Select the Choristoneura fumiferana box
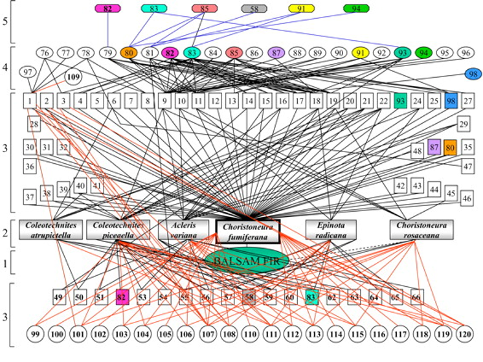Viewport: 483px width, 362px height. [247, 231]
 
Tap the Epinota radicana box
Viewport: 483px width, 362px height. [331, 230]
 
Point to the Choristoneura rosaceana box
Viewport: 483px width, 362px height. [421, 230]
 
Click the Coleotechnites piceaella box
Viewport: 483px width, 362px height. [118, 230]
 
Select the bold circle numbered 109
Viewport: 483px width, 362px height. [73, 77]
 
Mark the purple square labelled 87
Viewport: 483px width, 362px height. [434, 148]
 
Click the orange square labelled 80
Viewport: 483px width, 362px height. [451, 148]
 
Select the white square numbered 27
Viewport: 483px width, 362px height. [467, 100]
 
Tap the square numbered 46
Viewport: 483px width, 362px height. [466, 198]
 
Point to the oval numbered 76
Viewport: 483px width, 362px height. [44, 52]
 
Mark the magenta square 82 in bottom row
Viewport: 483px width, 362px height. [121, 297]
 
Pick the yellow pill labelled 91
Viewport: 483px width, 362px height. [301, 8]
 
